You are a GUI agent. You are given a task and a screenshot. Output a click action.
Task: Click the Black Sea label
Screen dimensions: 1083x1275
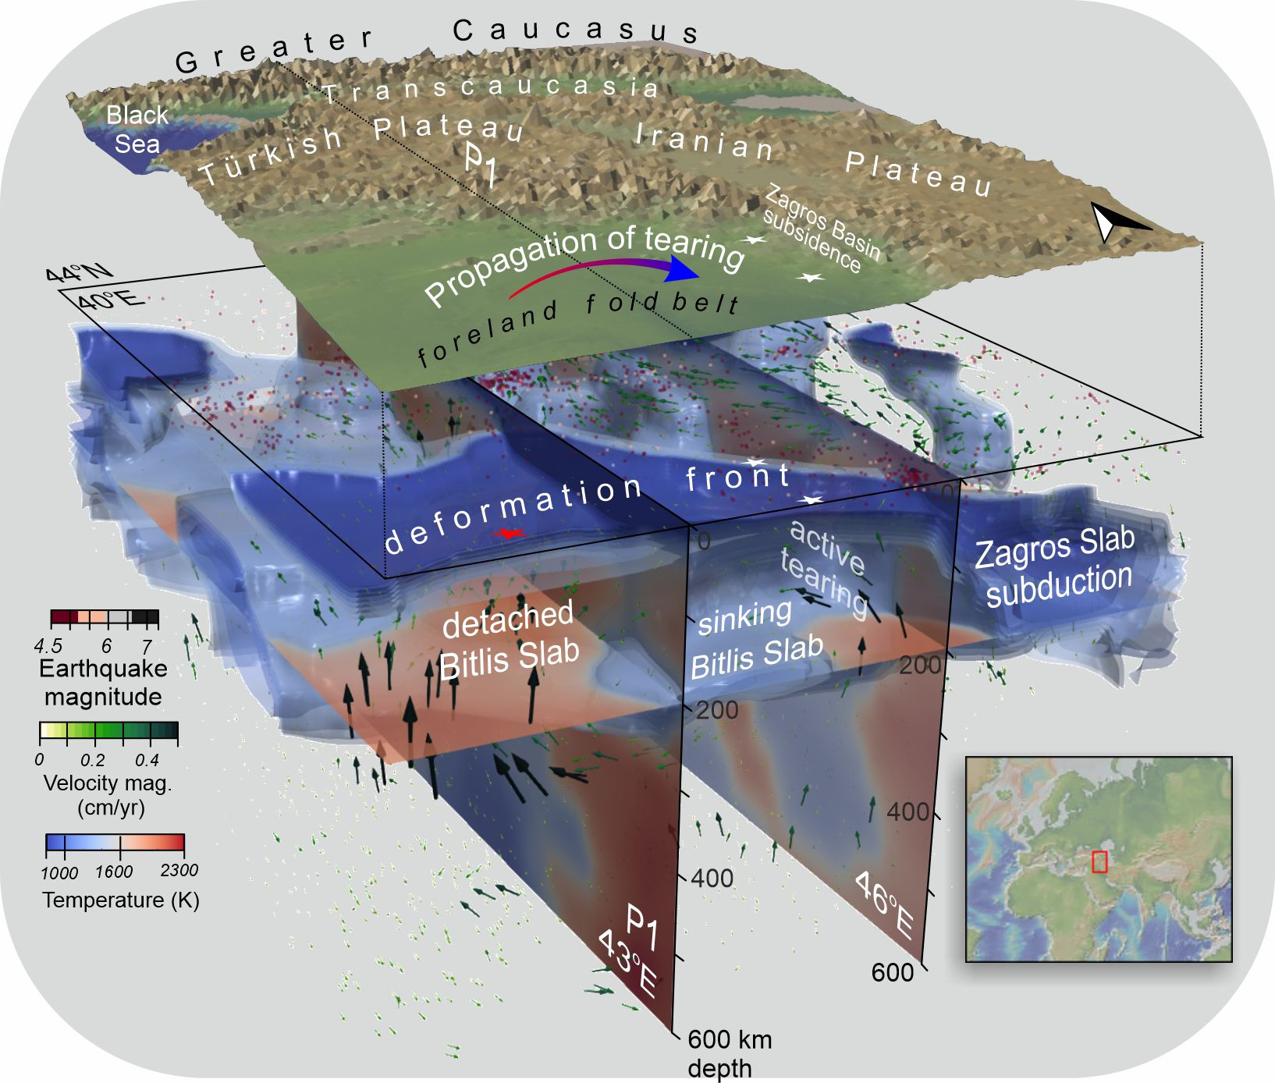pos(137,130)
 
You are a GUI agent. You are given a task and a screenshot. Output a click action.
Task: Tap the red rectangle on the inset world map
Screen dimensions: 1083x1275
pos(1099,861)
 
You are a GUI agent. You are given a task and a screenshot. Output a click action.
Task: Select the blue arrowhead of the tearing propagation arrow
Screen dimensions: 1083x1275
pos(684,270)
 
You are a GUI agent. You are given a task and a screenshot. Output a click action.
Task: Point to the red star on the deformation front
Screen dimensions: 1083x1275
pos(510,534)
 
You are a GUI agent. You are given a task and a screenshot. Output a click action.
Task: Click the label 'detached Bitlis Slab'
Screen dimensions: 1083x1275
pos(508,641)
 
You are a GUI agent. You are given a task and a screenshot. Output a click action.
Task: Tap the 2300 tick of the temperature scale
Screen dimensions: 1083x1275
pos(179,871)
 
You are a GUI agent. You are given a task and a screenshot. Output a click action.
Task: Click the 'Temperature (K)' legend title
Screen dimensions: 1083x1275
pos(121,900)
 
